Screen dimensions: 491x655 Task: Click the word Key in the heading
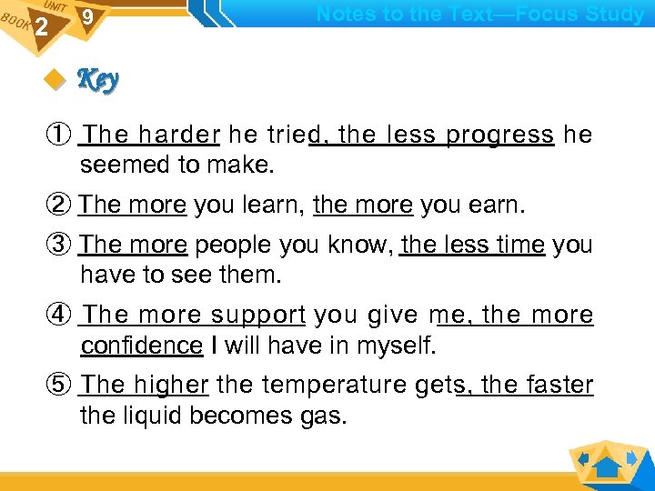[98, 81]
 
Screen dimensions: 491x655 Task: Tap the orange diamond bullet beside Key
[59, 82]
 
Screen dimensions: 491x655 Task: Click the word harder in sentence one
[179, 135]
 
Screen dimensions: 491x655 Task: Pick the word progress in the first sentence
[500, 135]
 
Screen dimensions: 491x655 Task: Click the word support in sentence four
[258, 316]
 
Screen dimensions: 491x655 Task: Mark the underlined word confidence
[141, 346]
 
